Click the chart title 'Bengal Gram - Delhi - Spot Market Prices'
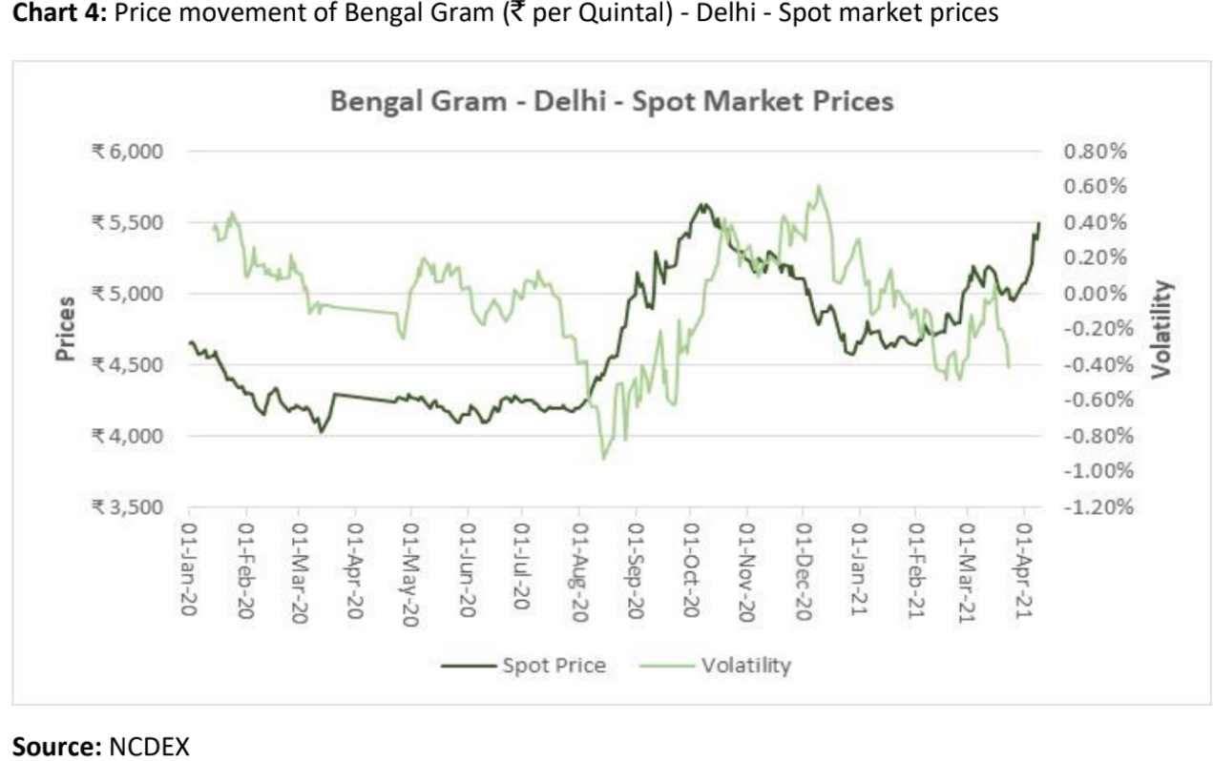pyautogui.click(x=612, y=102)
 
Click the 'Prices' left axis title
pyautogui.click(x=65, y=329)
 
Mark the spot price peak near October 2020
pyautogui.click(x=702, y=204)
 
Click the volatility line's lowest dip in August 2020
pyautogui.click(x=602, y=459)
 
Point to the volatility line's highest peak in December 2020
pyautogui.click(x=818, y=186)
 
